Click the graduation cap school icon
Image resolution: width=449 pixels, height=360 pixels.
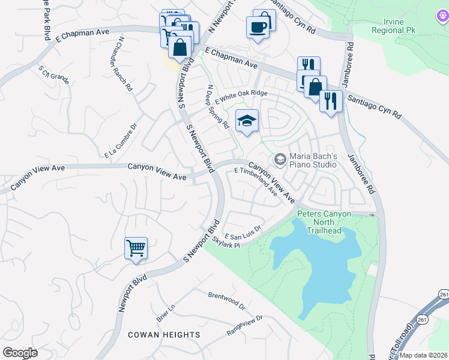pos(247,121)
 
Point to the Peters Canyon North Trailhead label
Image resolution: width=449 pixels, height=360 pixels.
pos(324,221)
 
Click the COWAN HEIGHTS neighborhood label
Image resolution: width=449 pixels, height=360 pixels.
pos(164,335)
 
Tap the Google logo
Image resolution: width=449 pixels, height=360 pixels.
pos(20,353)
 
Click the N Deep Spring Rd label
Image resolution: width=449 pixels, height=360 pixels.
pos(218,107)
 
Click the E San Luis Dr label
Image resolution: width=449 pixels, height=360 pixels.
pos(243,232)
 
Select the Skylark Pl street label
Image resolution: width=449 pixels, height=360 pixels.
pos(226,242)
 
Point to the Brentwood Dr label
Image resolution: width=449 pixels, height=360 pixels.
pos(227,301)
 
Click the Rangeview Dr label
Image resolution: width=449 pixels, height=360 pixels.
pos(245,325)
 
